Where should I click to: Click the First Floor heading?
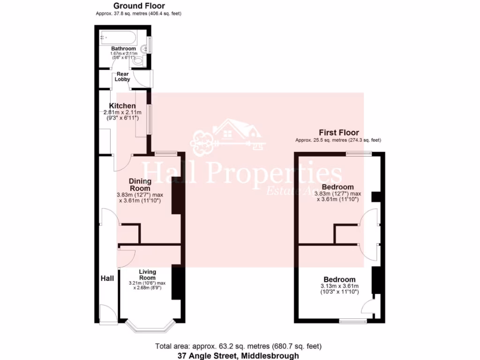[x=338, y=133]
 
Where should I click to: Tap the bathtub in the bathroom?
[x=118, y=37]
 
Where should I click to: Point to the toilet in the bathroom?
[x=137, y=60]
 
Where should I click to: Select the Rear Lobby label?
[x=123, y=77]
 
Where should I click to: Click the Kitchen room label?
[x=122, y=106]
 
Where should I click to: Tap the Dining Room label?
[x=140, y=185]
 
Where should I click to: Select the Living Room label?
[x=148, y=275]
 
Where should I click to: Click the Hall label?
[x=107, y=278]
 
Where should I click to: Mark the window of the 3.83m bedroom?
[x=359, y=153]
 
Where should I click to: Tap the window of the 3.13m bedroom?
[x=353, y=321]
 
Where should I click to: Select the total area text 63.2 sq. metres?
[x=238, y=346]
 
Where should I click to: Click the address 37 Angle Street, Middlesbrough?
[x=238, y=356]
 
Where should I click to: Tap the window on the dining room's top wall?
[x=166, y=153]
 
